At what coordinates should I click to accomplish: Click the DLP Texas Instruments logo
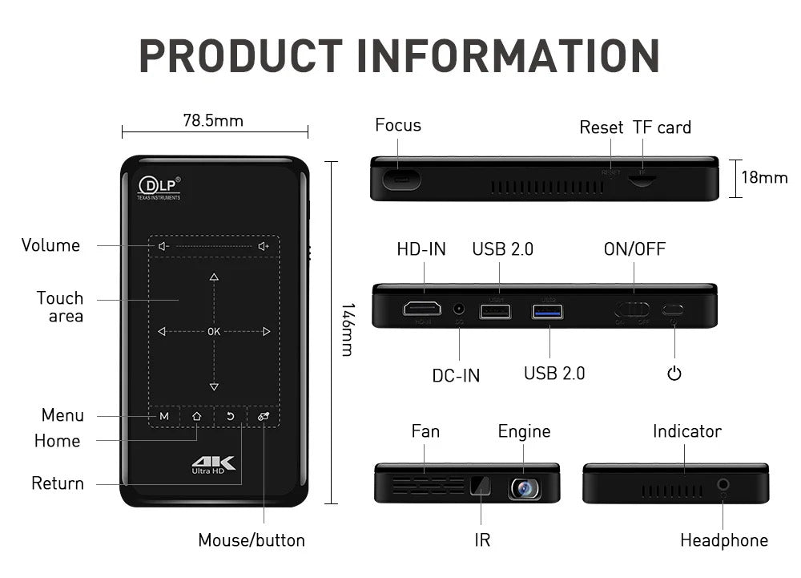159,188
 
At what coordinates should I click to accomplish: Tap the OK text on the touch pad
214,331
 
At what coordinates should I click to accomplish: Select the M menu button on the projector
164,416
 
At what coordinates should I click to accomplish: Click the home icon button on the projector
197,416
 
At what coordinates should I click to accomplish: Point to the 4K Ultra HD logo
212,466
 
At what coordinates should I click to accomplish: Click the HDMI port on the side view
421,309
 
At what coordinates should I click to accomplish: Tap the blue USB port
547,310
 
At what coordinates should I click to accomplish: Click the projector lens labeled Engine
525,487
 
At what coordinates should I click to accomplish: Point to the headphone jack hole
724,484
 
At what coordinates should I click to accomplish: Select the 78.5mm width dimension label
213,121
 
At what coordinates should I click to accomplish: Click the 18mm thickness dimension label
764,177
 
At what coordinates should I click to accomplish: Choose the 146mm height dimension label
348,329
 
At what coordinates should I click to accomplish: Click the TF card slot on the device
640,180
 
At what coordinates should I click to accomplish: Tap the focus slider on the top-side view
401,179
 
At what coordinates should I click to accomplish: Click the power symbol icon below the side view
674,373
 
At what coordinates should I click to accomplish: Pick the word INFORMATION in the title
509,55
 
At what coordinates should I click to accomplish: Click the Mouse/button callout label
252,540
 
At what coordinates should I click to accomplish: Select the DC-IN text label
456,375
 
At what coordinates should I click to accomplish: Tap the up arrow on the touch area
214,277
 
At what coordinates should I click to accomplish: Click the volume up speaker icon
264,246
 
